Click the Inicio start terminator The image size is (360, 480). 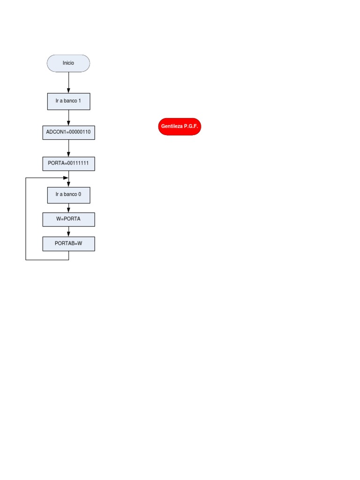pos(68,63)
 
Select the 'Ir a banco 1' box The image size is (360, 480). pos(68,101)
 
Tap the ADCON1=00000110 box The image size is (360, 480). pos(68,133)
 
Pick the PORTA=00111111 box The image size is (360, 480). pos(68,164)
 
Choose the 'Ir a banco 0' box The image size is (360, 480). pos(68,195)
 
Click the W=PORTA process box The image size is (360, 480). pos(68,219)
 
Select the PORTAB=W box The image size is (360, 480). pos(68,244)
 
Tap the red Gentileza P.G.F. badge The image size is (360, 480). pos(180,127)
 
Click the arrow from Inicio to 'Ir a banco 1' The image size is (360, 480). pos(69,82)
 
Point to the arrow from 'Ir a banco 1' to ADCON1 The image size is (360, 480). pos(69,118)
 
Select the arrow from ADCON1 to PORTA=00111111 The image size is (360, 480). pos(69,148)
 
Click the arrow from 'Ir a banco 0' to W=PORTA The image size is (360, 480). pos(69,208)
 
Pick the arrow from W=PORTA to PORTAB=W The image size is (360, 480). pos(69,232)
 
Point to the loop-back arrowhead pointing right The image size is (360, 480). pos(66,178)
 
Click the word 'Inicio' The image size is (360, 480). pos(68,63)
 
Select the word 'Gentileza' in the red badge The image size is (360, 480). pos(172,127)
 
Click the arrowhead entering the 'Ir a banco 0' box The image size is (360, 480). pos(69,184)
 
